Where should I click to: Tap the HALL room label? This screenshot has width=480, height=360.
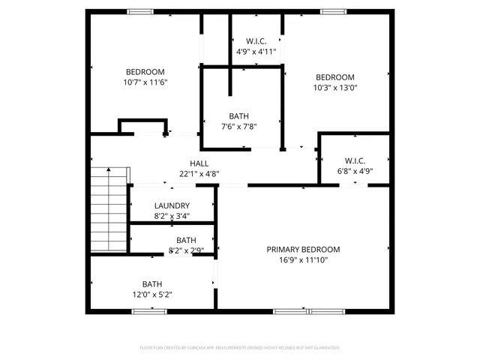click(x=199, y=163)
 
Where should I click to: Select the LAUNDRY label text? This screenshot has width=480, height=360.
click(x=172, y=206)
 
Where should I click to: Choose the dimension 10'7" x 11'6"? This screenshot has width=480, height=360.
click(x=145, y=82)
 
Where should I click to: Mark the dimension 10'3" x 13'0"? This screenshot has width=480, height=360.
click(x=334, y=88)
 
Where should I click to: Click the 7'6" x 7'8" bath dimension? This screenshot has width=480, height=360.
click(x=239, y=127)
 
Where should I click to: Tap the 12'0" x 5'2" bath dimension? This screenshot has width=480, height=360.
click(x=152, y=295)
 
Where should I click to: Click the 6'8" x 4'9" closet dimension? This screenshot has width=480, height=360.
click(x=355, y=171)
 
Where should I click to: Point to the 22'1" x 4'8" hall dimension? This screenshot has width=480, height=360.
click(x=199, y=174)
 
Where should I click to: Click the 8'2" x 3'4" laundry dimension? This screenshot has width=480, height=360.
click(x=172, y=216)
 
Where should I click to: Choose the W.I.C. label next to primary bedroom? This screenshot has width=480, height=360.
click(x=355, y=160)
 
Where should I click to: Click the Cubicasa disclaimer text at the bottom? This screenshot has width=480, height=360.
click(x=240, y=348)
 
